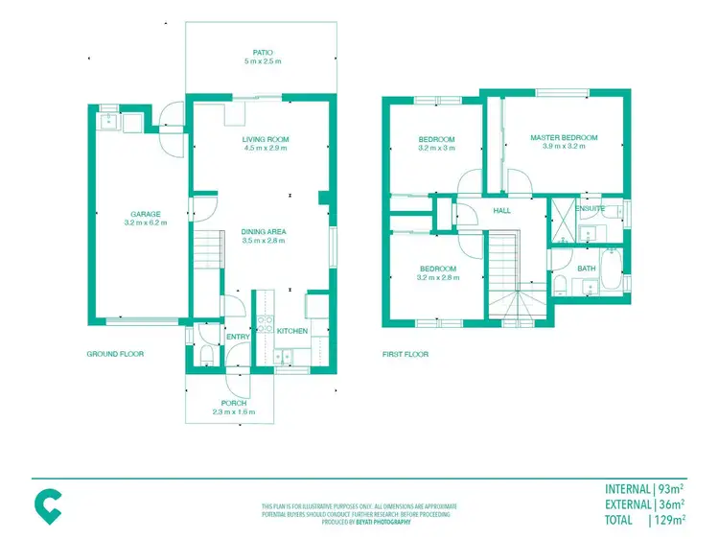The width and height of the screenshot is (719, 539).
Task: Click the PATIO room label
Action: tap(263, 53)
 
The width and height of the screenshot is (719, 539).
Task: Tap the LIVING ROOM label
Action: tap(266, 139)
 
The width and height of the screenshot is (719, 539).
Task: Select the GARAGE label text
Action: tap(146, 214)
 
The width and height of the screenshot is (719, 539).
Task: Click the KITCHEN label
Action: tap(292, 331)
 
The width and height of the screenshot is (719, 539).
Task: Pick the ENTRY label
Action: tap(237, 337)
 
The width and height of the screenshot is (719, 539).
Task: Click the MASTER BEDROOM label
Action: tap(564, 138)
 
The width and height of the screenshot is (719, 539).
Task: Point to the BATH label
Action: tap(587, 269)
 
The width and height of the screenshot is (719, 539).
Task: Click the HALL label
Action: tap(501, 211)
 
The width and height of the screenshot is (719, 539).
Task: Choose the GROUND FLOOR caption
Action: tap(115, 354)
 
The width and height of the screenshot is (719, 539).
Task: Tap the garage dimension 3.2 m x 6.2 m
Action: tap(146, 223)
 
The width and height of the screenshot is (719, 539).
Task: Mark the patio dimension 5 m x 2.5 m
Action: tap(263, 62)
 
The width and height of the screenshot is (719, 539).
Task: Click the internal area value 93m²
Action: tap(671, 488)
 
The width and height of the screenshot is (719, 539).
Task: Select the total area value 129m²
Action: tap(668, 520)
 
